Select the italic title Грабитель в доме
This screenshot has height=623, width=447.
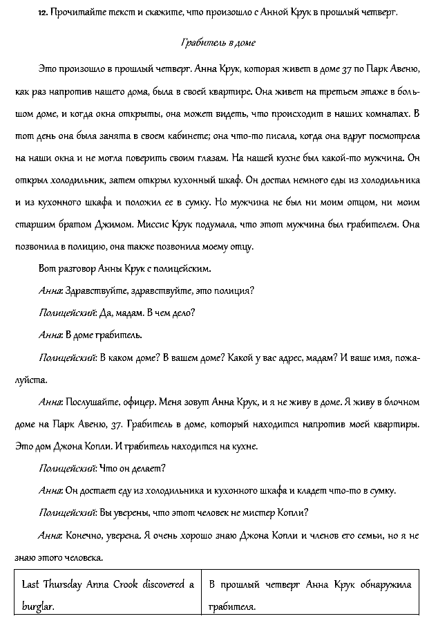(x=218, y=43)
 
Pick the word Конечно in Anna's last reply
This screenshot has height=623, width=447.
(x=84, y=534)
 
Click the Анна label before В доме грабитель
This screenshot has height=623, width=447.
(x=50, y=335)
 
